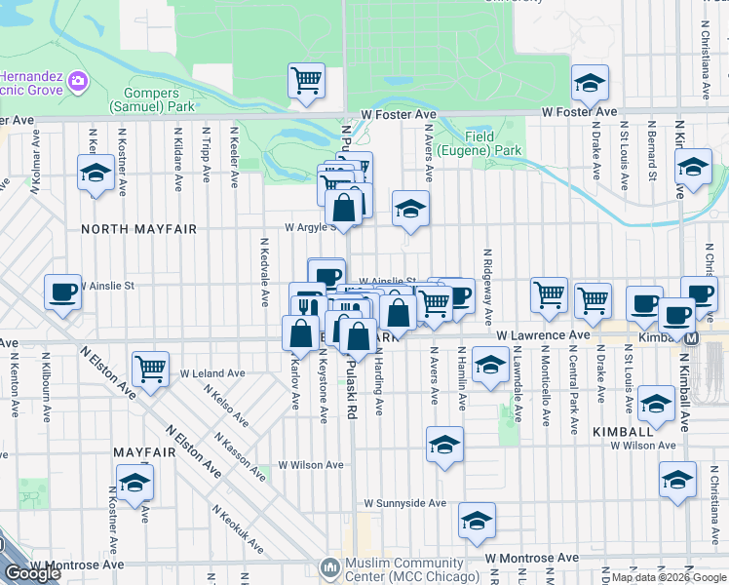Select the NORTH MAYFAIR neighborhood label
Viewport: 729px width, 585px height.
(x=138, y=229)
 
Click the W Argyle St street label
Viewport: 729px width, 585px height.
(x=310, y=227)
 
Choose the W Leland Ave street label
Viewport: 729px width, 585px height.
(x=212, y=373)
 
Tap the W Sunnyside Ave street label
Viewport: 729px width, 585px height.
(x=404, y=504)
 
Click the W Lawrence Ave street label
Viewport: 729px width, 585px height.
(x=542, y=335)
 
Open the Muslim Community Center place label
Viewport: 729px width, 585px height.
(x=409, y=569)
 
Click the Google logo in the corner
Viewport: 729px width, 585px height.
(x=32, y=573)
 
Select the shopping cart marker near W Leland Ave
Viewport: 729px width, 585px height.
(x=150, y=369)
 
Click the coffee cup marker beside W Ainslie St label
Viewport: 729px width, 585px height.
(x=62, y=292)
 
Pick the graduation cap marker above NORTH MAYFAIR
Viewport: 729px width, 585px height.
(x=96, y=174)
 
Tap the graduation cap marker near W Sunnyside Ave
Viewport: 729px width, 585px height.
(x=477, y=522)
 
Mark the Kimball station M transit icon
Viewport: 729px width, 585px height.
(x=692, y=338)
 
